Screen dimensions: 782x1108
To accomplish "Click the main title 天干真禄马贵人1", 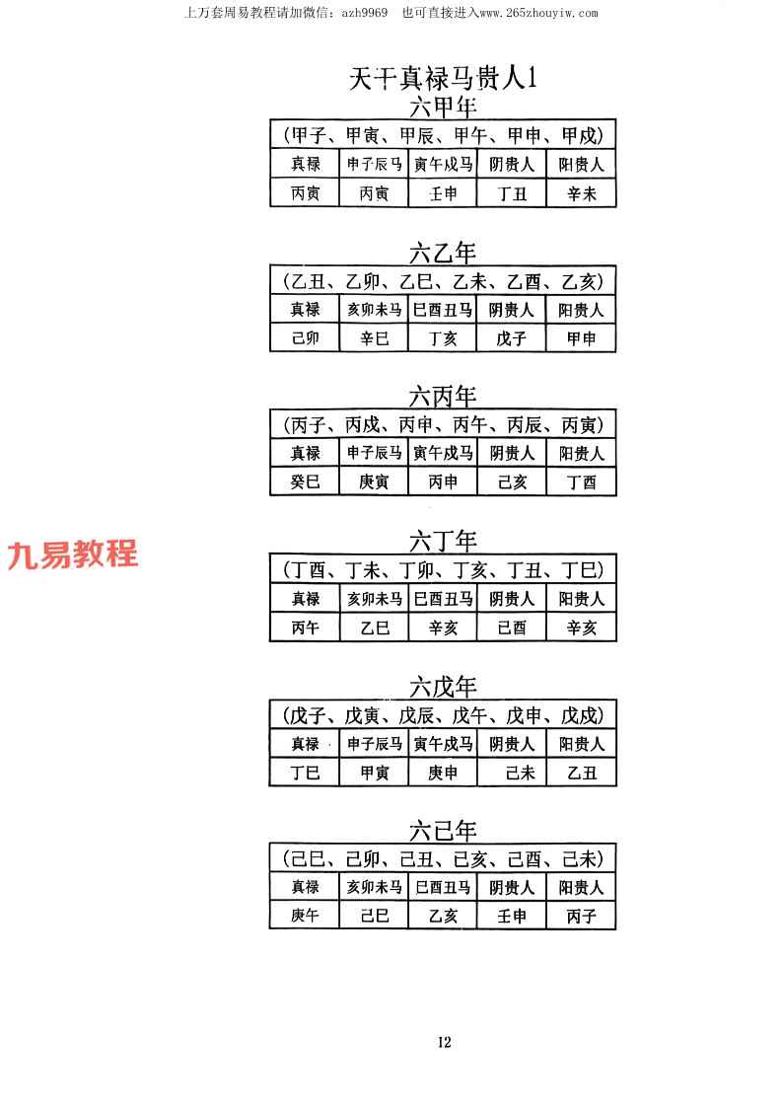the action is coord(443,78).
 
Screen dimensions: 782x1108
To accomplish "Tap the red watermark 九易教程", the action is coord(73,554).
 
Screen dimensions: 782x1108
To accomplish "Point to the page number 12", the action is coord(445,1042).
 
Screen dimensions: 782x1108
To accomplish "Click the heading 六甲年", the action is coord(443,108).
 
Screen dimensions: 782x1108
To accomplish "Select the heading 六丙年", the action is coord(443,397).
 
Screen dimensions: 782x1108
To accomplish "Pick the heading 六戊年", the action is coord(443,687).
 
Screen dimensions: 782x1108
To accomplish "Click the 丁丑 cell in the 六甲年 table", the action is coord(512,193).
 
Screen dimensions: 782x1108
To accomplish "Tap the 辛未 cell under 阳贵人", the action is coord(582,193).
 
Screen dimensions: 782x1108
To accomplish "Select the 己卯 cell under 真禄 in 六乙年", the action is coord(305,338).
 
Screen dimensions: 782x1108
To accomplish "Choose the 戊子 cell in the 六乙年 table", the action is coord(512,338).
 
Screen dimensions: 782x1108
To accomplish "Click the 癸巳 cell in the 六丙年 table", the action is coord(305,481).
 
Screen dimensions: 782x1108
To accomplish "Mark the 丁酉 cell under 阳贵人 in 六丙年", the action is coord(582,481).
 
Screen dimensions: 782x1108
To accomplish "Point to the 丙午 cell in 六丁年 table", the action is coord(305,628).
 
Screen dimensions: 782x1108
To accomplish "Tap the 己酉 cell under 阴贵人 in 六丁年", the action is coord(512,628).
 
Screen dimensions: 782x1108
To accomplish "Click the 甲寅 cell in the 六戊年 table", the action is coord(375,774).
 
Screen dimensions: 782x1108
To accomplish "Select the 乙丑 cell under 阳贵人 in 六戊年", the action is coord(582,774).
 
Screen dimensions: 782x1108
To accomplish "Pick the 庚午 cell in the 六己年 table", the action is coord(305,916).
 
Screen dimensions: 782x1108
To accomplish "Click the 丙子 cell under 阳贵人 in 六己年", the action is coord(582,916).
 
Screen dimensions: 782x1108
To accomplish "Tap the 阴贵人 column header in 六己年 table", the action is coord(512,888).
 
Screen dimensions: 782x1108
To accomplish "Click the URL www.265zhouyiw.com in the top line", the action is coord(539,13).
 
